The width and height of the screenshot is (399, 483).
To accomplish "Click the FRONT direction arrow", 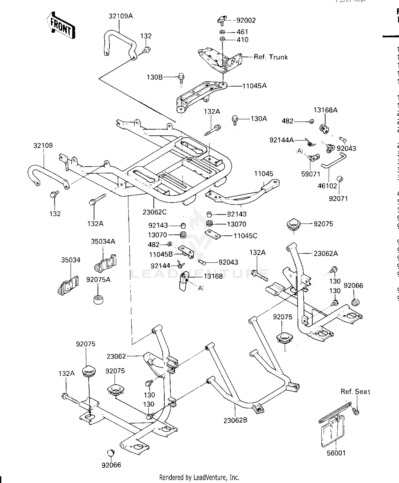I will click(61, 26).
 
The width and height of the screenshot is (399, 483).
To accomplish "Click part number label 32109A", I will click(120, 16).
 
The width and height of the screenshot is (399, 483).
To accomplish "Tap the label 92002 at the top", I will click(246, 21).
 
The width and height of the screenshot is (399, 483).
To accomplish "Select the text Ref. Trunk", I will click(271, 57).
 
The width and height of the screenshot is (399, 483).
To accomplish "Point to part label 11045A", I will click(254, 86).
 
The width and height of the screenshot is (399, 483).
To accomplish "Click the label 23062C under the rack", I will click(154, 212).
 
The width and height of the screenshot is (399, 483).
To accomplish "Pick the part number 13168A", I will click(325, 110).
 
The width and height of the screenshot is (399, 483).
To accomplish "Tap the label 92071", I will click(338, 198).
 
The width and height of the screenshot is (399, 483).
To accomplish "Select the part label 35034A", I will click(103, 241).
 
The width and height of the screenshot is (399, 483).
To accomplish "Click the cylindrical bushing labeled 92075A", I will click(98, 299).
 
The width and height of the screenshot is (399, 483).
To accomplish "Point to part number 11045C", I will click(245, 236).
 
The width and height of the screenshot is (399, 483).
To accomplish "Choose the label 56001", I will click(336, 453).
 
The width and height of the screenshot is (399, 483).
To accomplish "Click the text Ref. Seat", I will click(355, 392).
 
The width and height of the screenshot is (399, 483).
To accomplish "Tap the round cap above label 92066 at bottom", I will click(111, 452).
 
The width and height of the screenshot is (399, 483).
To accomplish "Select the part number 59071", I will click(310, 174).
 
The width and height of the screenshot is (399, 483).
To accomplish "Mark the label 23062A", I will click(326, 254).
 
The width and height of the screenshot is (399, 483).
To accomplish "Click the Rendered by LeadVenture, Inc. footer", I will click(199, 477).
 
